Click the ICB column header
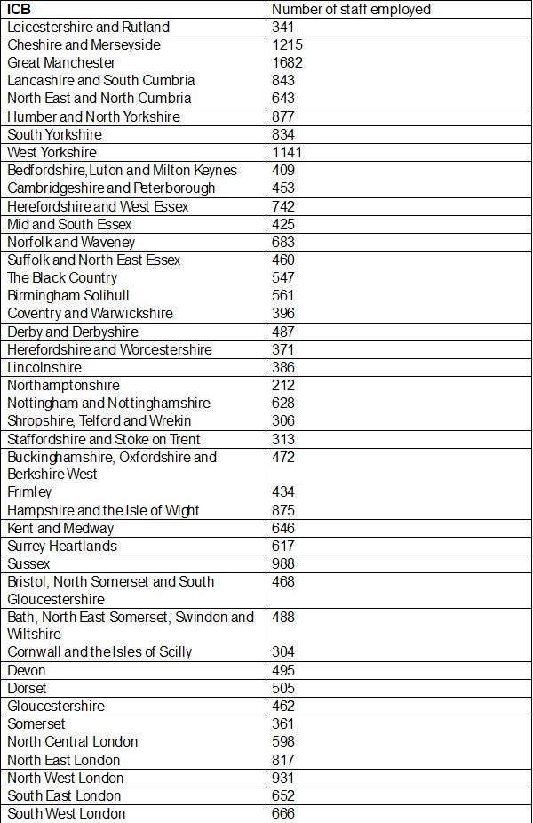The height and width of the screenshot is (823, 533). tap(20, 9)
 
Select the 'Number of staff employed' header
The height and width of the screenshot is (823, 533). tap(351, 9)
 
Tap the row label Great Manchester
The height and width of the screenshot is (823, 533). tap(61, 62)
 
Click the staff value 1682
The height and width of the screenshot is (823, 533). tap(287, 62)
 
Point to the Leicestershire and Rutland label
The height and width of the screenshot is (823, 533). tap(88, 27)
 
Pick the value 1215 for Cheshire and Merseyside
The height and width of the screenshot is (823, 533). tap(287, 44)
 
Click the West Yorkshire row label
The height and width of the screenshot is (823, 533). tap(52, 152)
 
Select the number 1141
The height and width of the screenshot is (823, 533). tap(287, 152)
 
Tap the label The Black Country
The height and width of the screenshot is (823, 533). tap(62, 277)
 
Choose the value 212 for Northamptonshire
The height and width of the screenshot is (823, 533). tap(283, 385)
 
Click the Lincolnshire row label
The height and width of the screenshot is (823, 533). tap(44, 367)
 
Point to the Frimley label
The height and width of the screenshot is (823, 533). tap(29, 491)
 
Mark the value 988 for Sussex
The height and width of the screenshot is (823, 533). tap(283, 563)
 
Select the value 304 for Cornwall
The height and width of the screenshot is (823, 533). tap(283, 651)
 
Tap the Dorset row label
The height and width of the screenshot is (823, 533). tap(27, 688)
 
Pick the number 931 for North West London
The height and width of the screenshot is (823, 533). tap(283, 778)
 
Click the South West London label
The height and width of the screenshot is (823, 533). tap(67, 813)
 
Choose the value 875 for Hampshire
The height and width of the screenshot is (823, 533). tap(283, 510)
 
